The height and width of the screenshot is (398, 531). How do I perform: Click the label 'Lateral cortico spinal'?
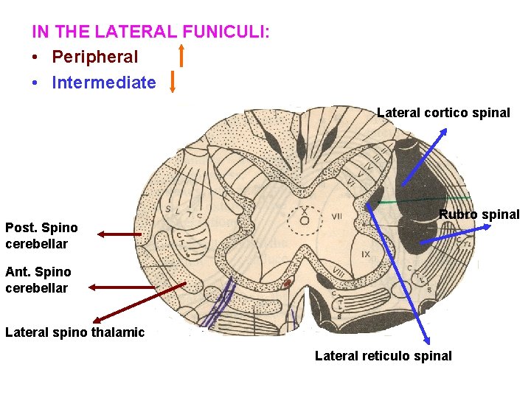443,113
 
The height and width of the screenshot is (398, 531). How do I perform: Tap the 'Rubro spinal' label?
479,214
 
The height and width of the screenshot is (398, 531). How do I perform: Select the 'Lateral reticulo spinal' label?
383,356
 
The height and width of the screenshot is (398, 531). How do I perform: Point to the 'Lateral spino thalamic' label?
74,332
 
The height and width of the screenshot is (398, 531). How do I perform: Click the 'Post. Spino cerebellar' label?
41,235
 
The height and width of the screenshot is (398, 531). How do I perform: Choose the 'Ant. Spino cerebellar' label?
38,280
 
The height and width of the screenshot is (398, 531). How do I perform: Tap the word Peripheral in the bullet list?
94,57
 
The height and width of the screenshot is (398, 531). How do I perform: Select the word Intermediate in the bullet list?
103,83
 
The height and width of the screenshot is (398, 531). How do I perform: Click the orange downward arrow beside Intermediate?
172,81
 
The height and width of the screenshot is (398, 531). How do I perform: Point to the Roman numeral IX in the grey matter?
366,254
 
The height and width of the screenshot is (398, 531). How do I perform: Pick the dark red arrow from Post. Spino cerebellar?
119,234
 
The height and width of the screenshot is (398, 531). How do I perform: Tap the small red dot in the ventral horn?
289,282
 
